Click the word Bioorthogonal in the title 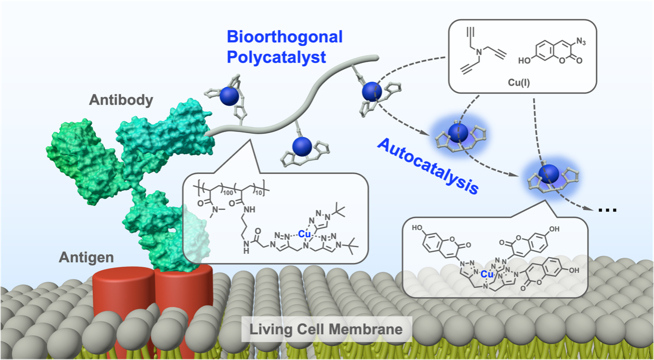[x=284, y=37]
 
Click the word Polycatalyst [x=276, y=57]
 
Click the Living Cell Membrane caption [x=326, y=329]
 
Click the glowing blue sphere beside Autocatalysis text [x=456, y=133]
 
